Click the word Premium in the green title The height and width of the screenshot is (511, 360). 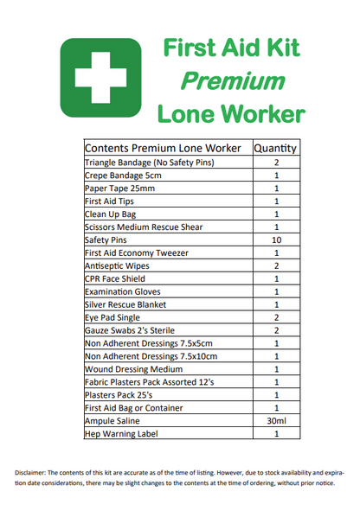233,80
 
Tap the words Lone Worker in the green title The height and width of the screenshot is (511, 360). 230,113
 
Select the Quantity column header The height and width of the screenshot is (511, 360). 276,148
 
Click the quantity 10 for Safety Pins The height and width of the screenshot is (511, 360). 276,240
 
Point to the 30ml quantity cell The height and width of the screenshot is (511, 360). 276,420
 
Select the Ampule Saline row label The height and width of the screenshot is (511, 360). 114,420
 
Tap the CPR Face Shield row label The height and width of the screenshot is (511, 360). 115,278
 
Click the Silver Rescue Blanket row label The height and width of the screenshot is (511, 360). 125,304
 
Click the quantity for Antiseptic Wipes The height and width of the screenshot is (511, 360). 276,265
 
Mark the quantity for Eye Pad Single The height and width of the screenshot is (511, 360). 276,317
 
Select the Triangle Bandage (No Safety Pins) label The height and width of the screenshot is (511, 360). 148,162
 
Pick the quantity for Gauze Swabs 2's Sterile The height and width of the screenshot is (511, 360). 276,330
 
